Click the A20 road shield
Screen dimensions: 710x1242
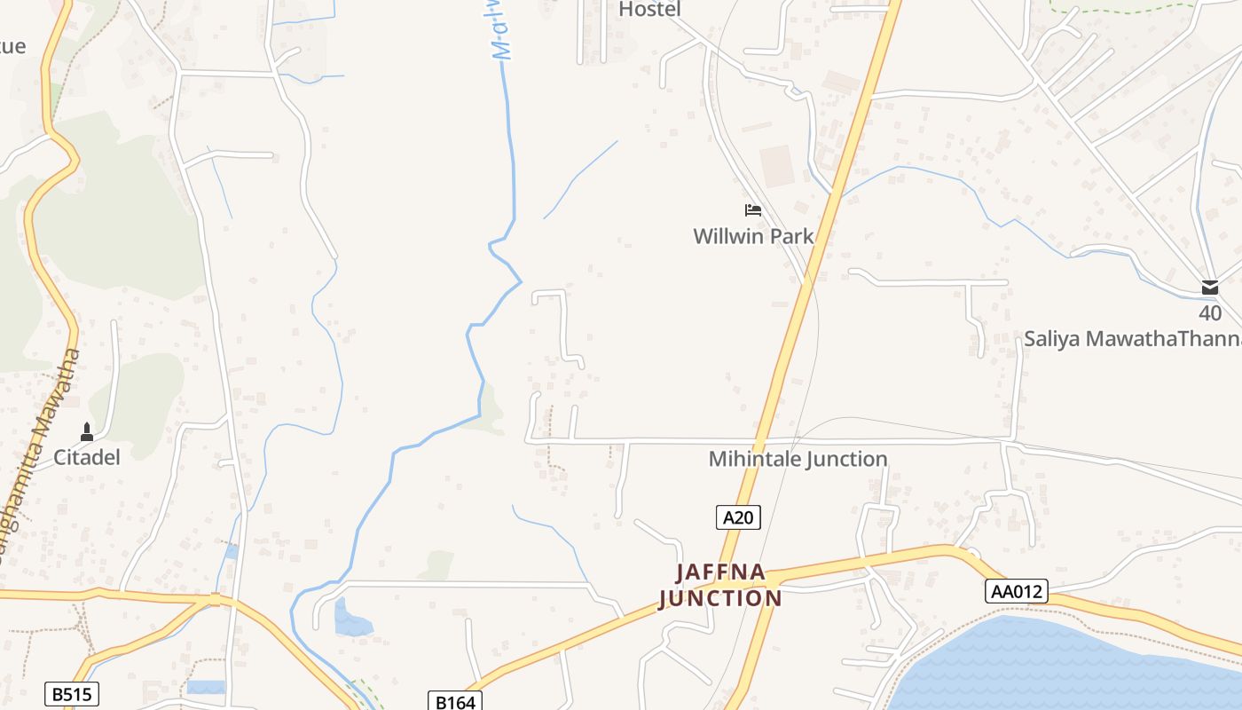738,517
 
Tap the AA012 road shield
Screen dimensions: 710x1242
1016,591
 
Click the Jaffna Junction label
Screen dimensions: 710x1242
720,585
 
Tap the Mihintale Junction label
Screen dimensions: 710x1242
798,459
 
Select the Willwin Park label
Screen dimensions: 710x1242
753,236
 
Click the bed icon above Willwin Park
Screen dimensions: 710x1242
753,210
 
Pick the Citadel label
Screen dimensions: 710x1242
87,457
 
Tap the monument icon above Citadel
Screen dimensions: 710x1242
87,432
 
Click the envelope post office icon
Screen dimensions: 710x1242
1210,288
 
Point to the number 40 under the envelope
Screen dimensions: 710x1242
1210,312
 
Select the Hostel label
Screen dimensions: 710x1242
649,10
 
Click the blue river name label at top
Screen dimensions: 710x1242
504,31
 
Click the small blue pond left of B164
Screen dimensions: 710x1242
352,619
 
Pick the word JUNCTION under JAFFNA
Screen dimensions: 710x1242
720,598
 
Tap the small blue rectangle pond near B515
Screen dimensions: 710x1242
206,687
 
